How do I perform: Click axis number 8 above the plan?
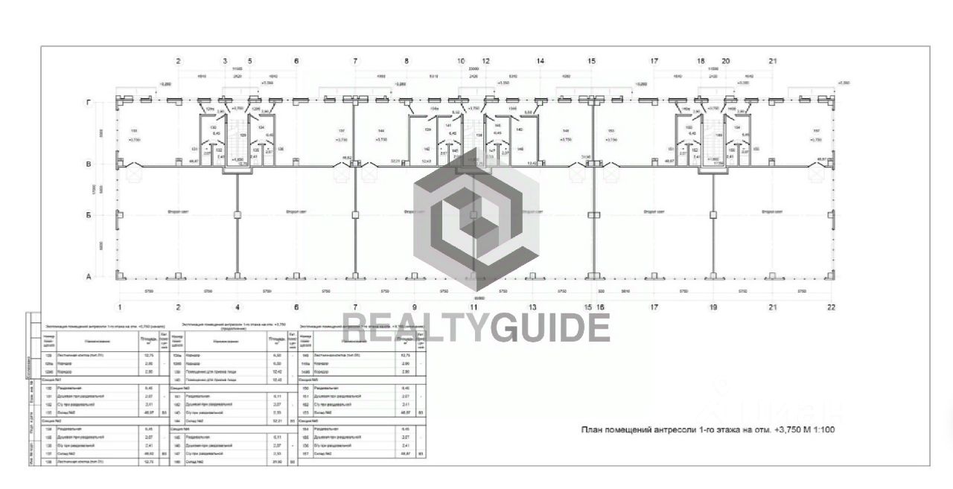407,61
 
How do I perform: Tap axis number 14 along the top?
540,61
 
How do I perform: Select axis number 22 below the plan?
831,307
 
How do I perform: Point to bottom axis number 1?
119,307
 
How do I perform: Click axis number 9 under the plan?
414,307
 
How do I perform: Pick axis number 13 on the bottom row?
532,307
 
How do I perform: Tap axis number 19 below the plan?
713,307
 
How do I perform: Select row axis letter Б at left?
89,214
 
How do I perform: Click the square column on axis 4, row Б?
238,214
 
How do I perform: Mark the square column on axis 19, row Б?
713,214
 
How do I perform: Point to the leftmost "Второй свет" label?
178,212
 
